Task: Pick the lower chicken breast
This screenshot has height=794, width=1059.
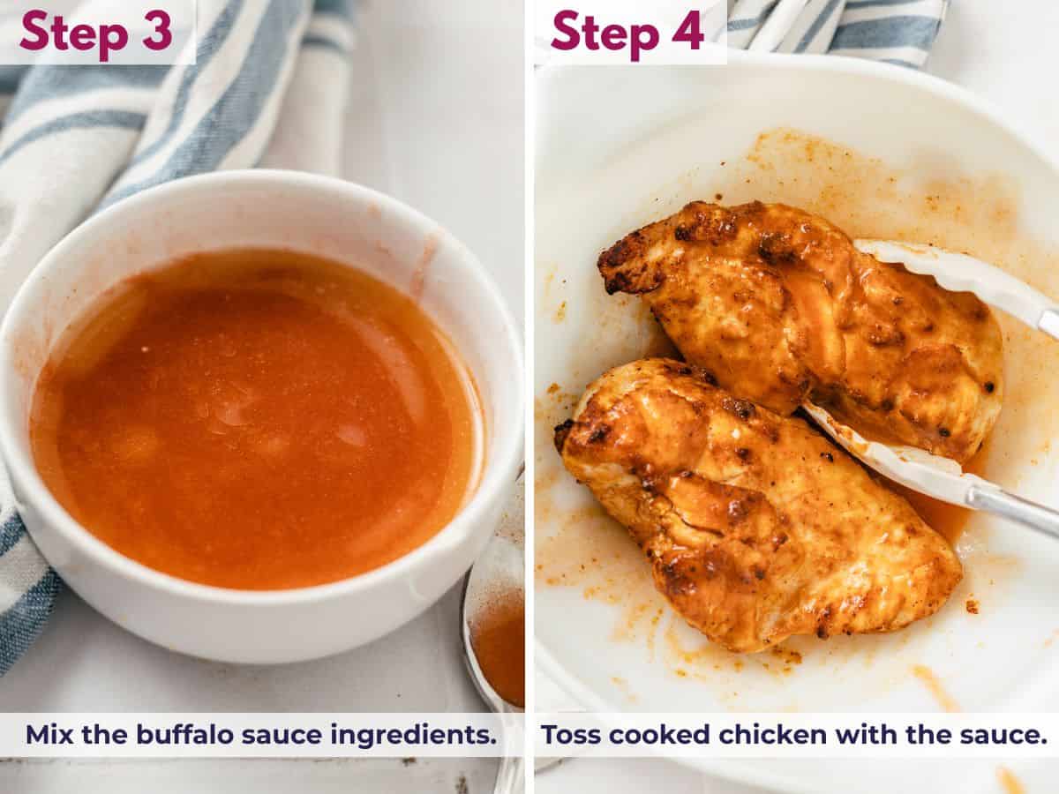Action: tap(750, 512)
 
